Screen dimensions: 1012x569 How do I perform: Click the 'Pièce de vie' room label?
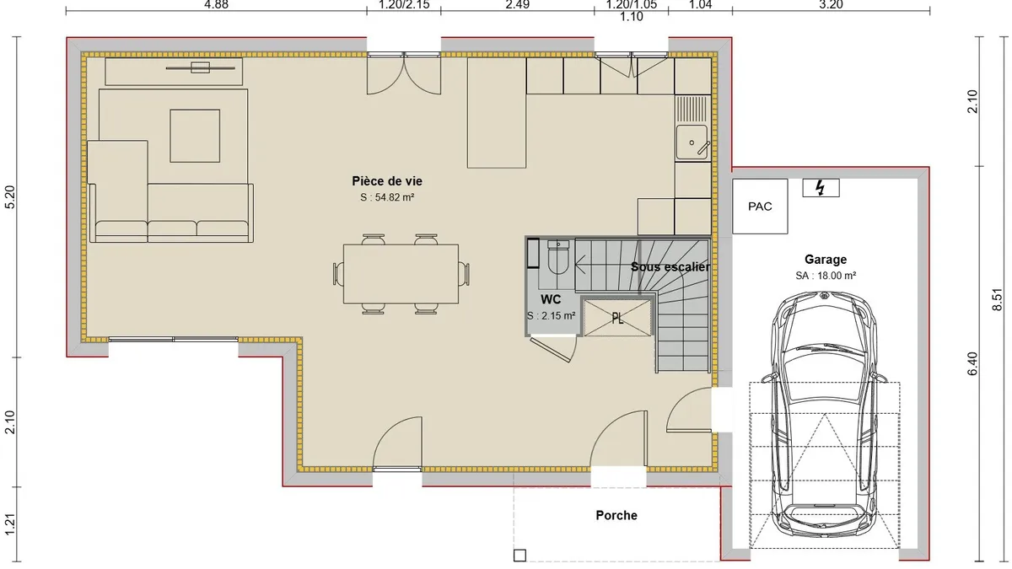tap(387, 181)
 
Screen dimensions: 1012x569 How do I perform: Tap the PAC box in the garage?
tap(760, 207)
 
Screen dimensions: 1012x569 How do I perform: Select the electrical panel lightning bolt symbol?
tap(821, 188)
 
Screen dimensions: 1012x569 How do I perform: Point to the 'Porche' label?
tap(616, 515)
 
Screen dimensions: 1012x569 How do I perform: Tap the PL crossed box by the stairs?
tap(617, 319)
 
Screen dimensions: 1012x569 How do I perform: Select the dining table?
tap(401, 274)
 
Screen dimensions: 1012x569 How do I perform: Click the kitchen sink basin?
tap(692, 142)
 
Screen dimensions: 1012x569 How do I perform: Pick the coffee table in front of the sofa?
tap(195, 136)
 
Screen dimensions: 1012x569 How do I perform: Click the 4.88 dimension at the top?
tap(217, 4)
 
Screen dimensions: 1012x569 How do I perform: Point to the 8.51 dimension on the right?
tap(997, 300)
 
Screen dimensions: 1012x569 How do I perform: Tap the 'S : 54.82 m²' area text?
tap(387, 197)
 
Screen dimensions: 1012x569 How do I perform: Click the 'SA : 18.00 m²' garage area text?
tap(826, 276)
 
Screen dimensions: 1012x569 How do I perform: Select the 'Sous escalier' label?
tap(670, 267)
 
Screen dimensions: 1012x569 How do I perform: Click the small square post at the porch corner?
tap(519, 556)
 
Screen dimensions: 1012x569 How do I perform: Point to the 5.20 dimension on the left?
tap(10, 197)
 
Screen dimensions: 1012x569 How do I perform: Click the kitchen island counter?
tap(497, 112)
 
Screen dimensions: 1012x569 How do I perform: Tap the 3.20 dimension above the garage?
tap(831, 4)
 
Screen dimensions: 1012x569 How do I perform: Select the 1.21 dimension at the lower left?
tap(10, 524)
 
